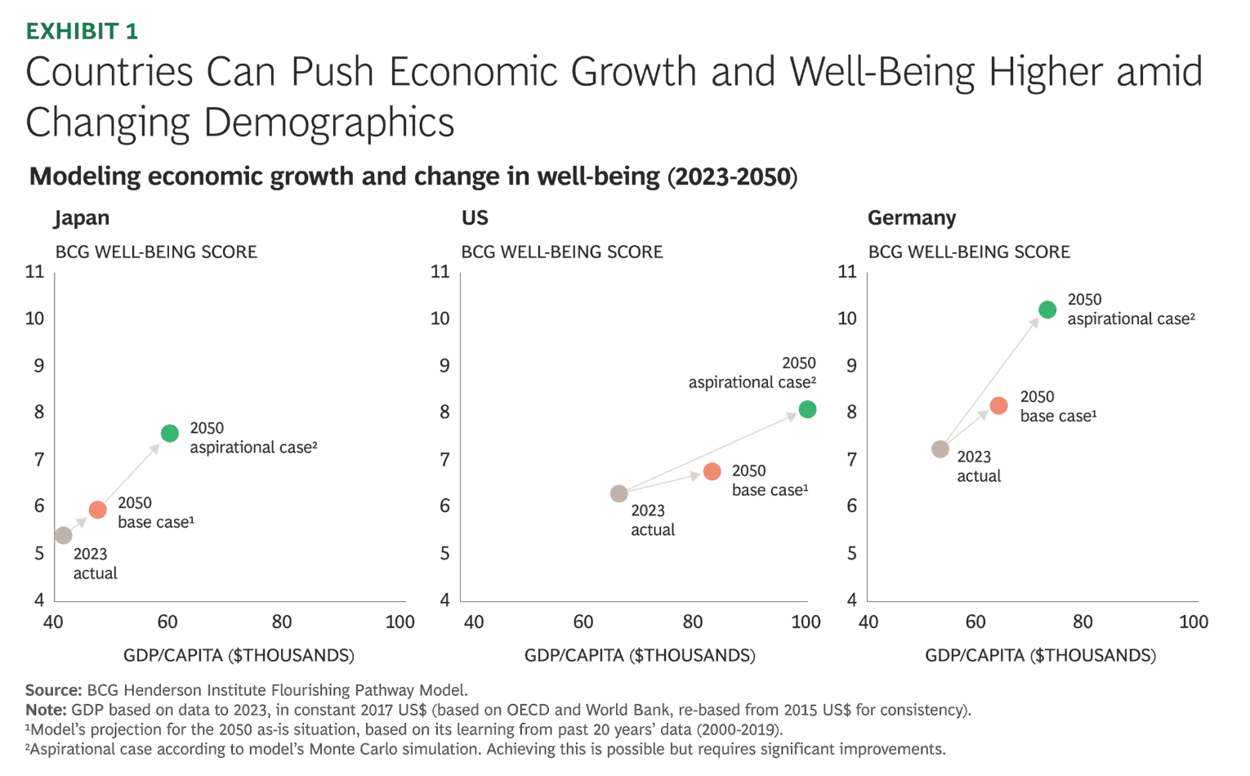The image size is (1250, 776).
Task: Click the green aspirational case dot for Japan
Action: coord(170,434)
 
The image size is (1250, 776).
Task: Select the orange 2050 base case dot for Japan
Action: coord(98,510)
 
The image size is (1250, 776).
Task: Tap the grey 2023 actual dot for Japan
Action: coord(64,536)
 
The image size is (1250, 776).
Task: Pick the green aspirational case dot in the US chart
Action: coord(807,409)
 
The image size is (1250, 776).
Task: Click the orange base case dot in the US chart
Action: coord(712,471)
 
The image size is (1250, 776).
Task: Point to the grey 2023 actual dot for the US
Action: coord(619,493)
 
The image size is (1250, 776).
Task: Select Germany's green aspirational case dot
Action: coord(1047,310)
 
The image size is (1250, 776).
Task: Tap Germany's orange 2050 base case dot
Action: coord(998,406)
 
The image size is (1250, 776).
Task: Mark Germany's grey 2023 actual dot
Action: coord(940,449)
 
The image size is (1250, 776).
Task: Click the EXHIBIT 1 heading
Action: coord(82,31)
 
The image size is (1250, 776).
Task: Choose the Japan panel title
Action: coord(82,218)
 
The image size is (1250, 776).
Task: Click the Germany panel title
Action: coord(912,218)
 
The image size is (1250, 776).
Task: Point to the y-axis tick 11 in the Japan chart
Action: coord(34,271)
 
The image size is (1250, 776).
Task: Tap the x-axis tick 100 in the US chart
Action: coord(806,622)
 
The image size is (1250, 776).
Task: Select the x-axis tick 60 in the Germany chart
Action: coord(975,622)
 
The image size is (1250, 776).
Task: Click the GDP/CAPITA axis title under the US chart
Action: coord(640,655)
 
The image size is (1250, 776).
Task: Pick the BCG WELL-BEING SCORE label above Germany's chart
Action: coord(969,252)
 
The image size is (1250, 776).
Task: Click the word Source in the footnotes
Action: coord(53,690)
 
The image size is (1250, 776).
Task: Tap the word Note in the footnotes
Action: coord(46,710)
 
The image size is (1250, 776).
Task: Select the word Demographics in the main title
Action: coord(328,123)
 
